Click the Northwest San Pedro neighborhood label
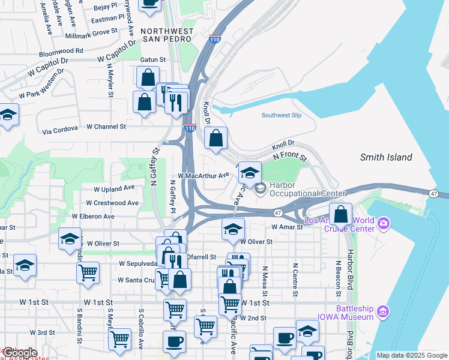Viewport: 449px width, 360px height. (167, 35)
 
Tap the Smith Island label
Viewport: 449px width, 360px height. (386, 157)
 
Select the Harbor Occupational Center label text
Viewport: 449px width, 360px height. (307, 189)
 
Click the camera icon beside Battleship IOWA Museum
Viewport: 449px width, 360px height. (384, 311)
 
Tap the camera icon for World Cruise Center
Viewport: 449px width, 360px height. (384, 224)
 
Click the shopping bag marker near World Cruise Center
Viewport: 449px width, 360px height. (341, 214)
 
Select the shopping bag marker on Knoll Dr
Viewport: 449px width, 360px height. (216, 139)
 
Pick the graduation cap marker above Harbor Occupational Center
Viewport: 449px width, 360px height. (250, 173)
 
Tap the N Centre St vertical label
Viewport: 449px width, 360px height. (295, 279)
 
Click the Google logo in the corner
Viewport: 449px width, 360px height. (20, 353)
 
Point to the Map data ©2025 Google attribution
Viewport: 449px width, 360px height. (412, 355)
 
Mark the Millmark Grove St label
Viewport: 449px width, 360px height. (93, 32)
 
